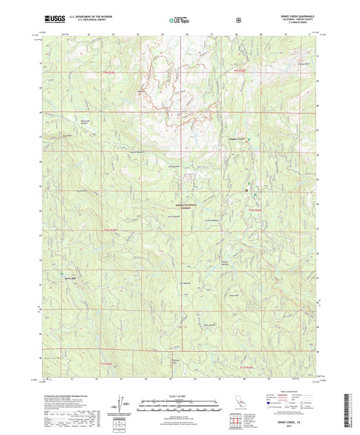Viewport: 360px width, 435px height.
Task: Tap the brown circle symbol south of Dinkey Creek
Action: click(x=247, y=190)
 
